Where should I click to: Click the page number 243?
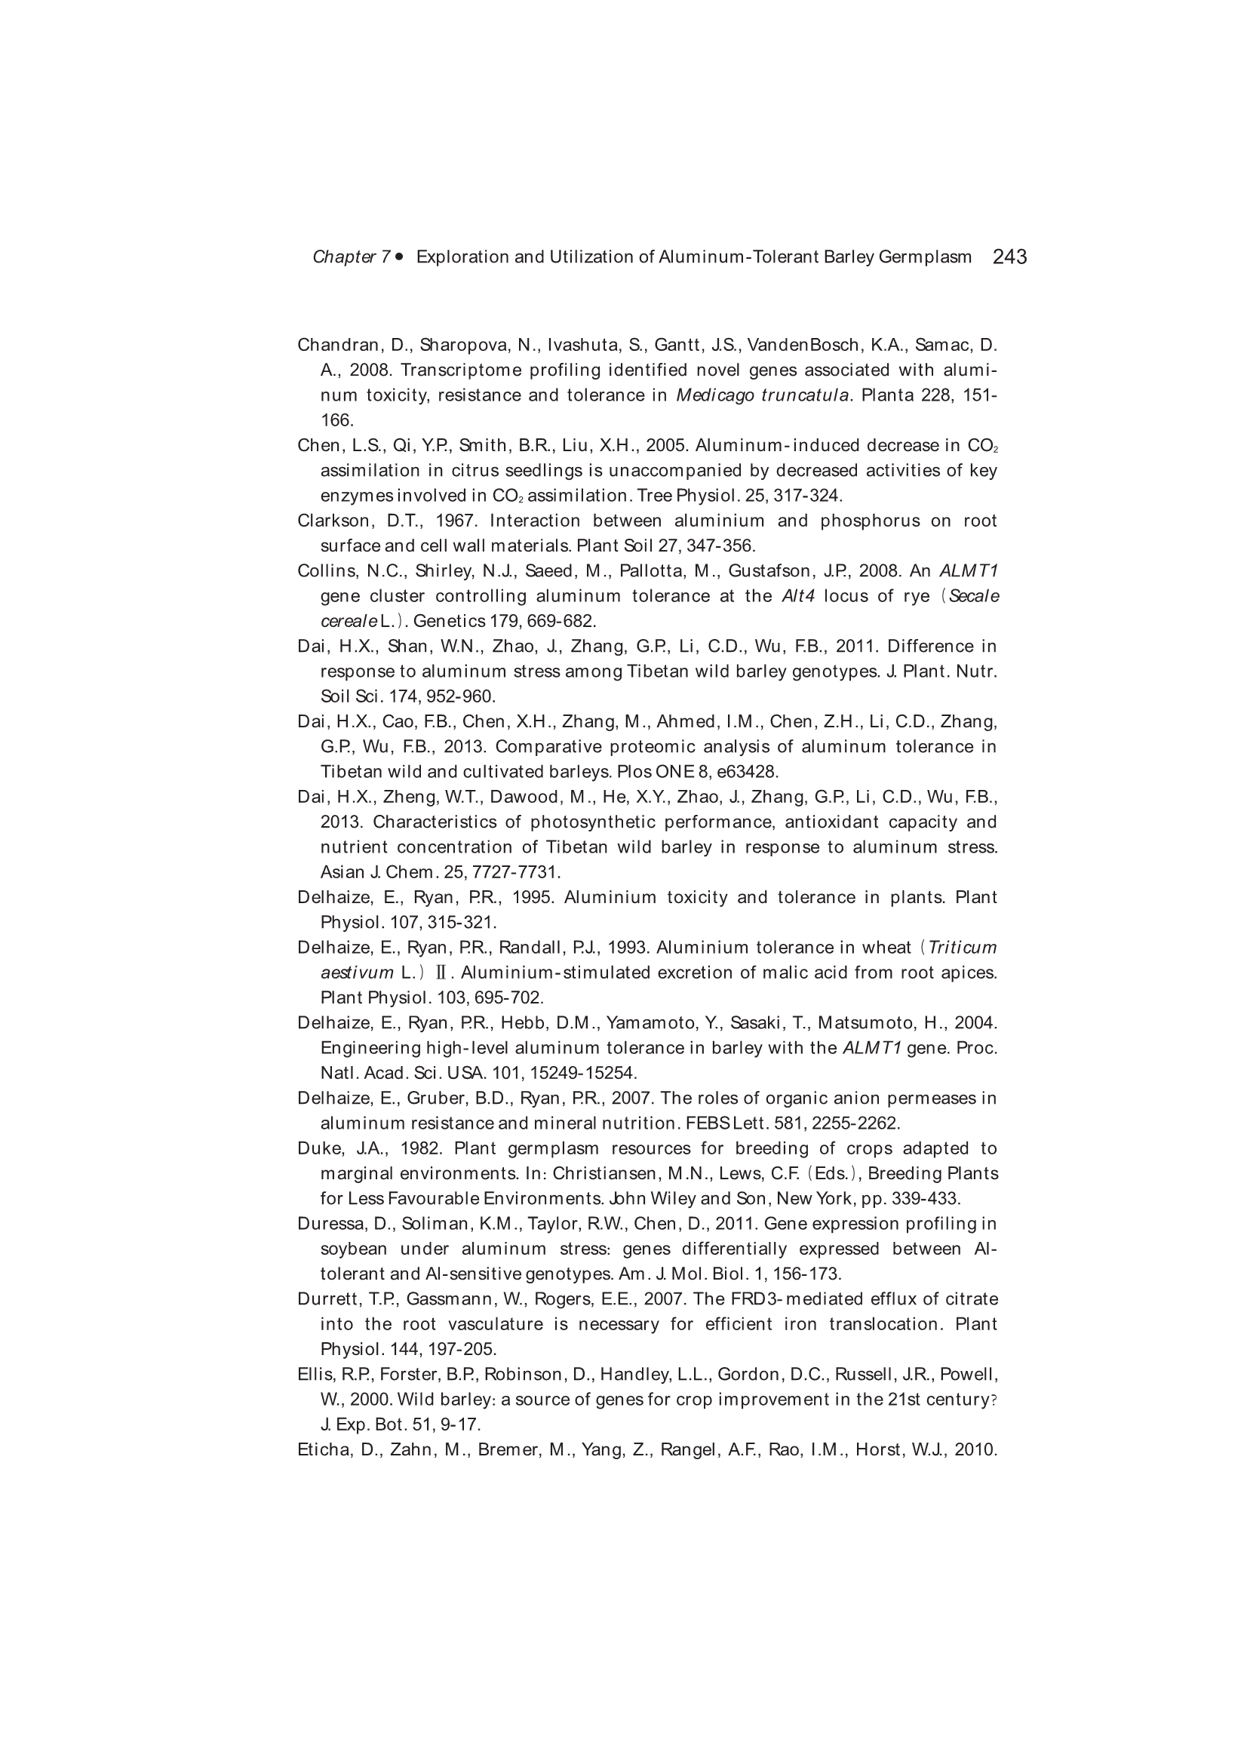pyautogui.click(x=1009, y=257)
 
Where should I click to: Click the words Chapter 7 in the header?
pyautogui.click(x=351, y=257)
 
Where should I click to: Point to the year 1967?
pyautogui.click(x=456, y=521)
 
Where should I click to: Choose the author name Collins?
pyautogui.click(x=324, y=571)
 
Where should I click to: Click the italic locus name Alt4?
pyautogui.click(x=797, y=596)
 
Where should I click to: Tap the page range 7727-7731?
pyautogui.click(x=514, y=872)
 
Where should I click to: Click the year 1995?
pyautogui.click(x=533, y=897)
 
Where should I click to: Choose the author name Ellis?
pyautogui.click(x=313, y=1374)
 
